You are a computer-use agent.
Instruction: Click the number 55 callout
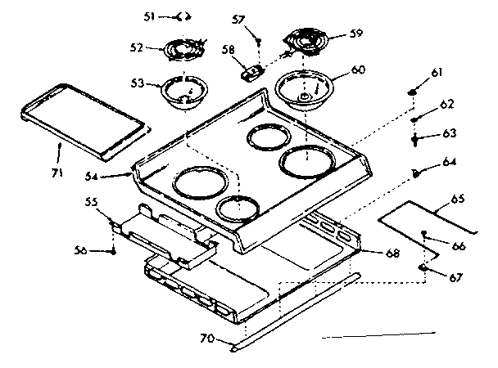point(93,200)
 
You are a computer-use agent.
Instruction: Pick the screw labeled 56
point(112,251)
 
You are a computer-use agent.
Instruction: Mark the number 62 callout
point(446,105)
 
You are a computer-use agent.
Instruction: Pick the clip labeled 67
point(423,267)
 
